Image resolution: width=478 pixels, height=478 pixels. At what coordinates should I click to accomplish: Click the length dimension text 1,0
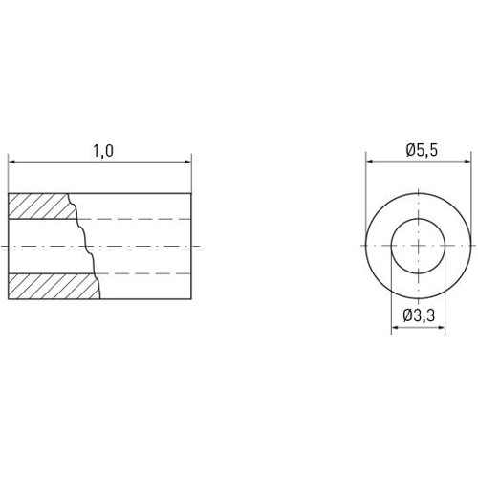tap(102, 150)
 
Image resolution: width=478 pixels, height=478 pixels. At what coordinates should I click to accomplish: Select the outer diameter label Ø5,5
tap(422, 150)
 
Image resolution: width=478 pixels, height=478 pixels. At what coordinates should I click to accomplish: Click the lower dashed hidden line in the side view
tap(143, 273)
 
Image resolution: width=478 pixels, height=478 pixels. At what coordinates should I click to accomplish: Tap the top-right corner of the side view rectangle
tap(191, 193)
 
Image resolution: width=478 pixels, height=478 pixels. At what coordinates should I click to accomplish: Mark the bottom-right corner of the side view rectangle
tap(191, 299)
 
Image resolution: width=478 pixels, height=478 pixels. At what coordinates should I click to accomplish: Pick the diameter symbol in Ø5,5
tap(407, 150)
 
